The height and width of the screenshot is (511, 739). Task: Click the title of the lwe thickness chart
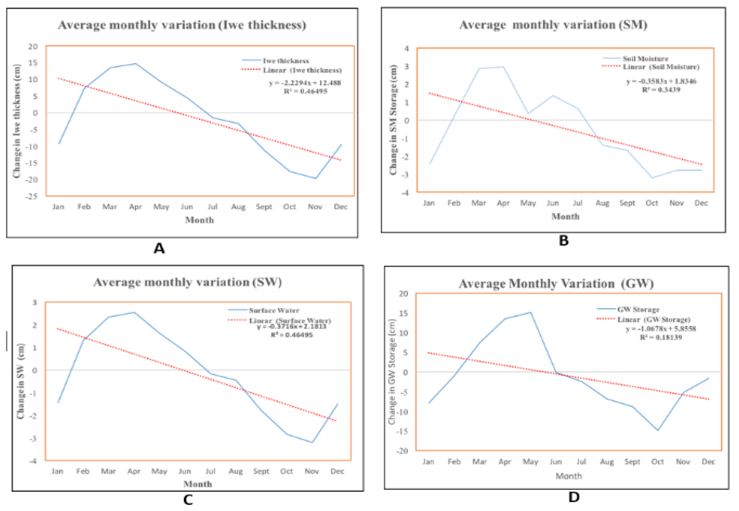click(x=182, y=25)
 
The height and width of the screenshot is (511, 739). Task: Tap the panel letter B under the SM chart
click(x=564, y=240)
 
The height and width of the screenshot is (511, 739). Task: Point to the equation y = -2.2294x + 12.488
click(x=305, y=83)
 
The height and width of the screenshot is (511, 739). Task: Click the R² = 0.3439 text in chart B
click(x=661, y=90)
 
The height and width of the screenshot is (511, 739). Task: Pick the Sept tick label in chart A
click(x=264, y=207)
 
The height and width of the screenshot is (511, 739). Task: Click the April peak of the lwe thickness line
click(x=136, y=64)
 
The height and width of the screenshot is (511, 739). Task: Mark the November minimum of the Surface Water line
click(x=312, y=442)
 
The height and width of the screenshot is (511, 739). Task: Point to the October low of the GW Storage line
click(x=658, y=430)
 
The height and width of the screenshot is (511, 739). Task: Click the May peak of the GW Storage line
click(x=530, y=312)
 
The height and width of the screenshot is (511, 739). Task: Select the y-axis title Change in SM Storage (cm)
click(x=393, y=120)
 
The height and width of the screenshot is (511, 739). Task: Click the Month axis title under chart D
click(x=569, y=476)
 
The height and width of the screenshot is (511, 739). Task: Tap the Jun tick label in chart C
click(x=185, y=471)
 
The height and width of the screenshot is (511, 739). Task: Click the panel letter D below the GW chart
click(x=574, y=497)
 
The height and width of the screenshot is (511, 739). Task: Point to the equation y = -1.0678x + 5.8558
click(x=660, y=328)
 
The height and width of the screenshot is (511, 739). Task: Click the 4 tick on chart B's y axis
click(x=407, y=49)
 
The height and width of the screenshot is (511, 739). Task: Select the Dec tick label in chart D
click(x=708, y=462)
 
